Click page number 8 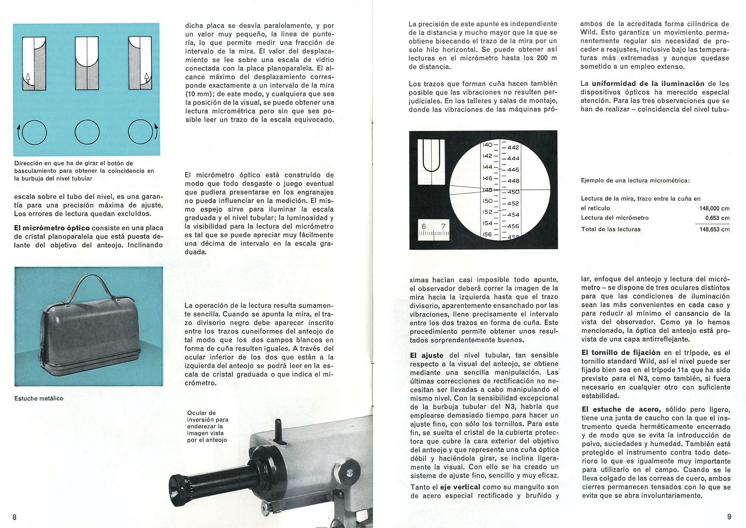[15, 517]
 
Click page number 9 [729, 517]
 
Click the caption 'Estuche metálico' [39, 398]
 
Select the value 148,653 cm [714, 229]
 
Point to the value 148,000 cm [714, 209]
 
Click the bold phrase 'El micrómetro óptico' [52, 228]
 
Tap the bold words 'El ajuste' [426, 355]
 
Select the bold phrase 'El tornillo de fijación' [621, 353]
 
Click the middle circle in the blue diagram [87, 132]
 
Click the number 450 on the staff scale [513, 192]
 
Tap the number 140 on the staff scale [487, 145]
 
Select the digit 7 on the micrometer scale [443, 226]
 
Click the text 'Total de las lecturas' [611, 229]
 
